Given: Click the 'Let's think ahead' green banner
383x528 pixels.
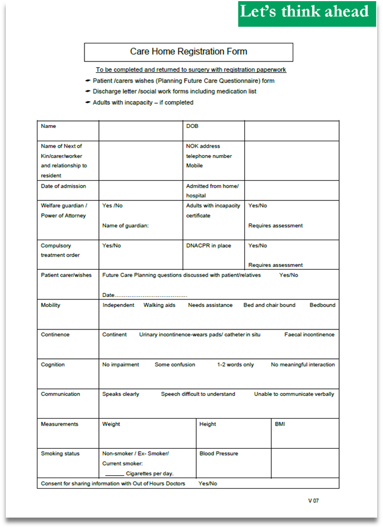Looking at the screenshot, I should point(304,12).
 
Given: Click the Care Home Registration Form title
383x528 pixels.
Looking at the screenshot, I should point(189,52).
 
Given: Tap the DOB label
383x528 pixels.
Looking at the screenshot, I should point(192,126).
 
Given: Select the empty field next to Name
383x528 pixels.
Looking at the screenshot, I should point(141,130).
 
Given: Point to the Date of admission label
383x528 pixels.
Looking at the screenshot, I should point(63,186).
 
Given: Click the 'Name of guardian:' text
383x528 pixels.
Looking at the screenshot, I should point(126,226).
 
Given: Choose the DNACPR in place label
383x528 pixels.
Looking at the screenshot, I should point(208,245).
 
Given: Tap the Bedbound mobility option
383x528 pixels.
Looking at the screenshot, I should point(322,305).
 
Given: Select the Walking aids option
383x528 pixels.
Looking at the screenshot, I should point(159,305).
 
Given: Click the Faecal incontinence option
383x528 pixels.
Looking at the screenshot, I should point(309,335).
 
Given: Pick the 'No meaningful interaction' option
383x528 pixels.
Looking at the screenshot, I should point(303,365).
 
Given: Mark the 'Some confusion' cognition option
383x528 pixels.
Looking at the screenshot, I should point(175,365).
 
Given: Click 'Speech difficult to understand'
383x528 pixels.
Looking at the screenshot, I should point(198,394).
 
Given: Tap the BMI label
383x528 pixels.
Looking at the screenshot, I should point(281,424).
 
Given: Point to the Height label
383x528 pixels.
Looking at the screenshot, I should point(208,424).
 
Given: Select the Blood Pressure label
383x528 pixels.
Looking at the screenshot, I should point(219,454).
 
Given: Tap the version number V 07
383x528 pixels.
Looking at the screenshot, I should point(313,500).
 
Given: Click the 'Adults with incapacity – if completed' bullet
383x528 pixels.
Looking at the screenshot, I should point(143,102).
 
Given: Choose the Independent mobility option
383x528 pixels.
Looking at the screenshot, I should point(118,305).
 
